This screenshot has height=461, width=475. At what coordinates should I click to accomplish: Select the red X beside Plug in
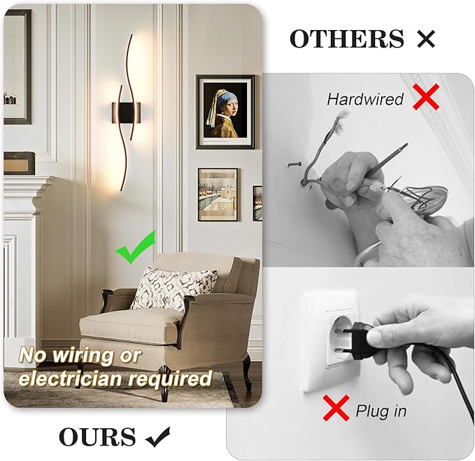[336, 407]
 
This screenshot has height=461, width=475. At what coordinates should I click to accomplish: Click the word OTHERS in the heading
[347, 39]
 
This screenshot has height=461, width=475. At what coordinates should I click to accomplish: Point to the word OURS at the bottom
[97, 437]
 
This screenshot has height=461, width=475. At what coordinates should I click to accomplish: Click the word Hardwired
[365, 100]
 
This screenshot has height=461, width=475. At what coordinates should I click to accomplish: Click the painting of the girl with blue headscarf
[225, 112]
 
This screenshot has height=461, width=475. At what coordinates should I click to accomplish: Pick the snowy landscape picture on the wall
[218, 194]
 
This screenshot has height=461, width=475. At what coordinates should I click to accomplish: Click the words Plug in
[381, 411]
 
